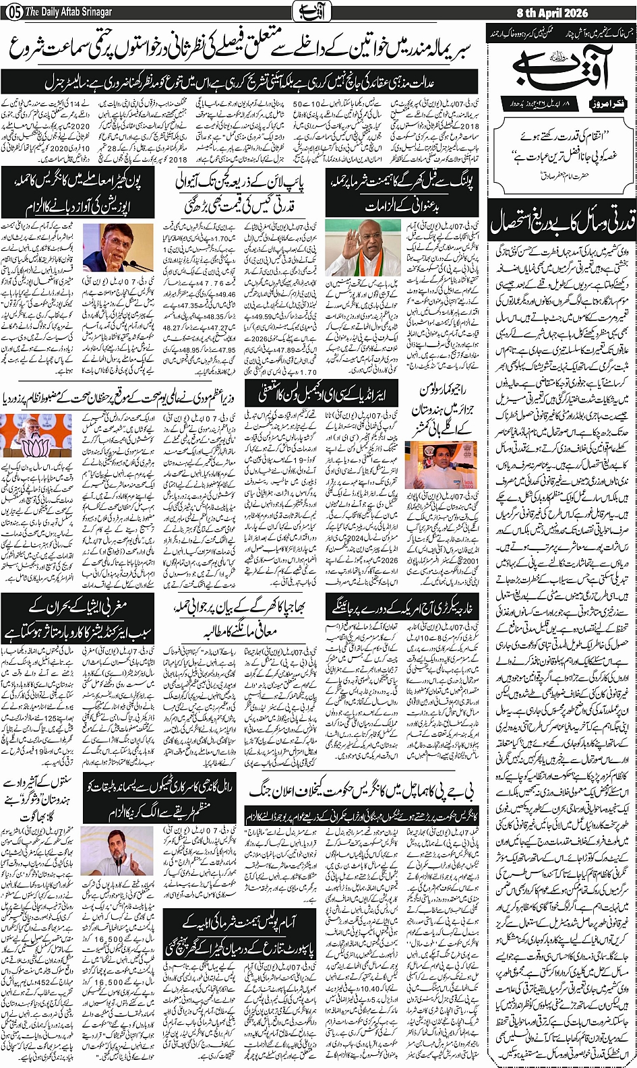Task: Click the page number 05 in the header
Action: pyautogui.click(x=12, y=13)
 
